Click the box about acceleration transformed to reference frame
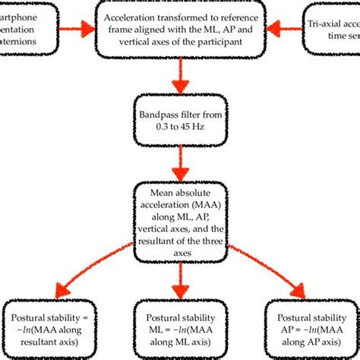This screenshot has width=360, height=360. point(180,29)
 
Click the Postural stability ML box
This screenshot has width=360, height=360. point(180,327)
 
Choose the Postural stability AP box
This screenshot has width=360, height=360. point(311,327)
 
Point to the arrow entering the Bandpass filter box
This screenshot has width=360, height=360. point(180,76)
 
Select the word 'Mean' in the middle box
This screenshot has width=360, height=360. point(156,192)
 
